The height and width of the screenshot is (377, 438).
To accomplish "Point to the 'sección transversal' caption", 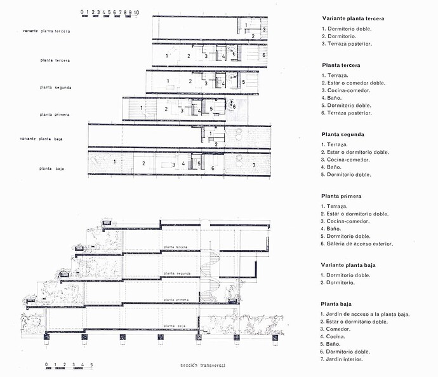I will (203, 366).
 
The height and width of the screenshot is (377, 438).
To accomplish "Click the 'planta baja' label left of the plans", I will (54, 168).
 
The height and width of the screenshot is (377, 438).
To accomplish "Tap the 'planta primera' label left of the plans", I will (54, 114).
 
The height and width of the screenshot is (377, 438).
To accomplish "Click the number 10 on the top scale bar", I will (136, 12).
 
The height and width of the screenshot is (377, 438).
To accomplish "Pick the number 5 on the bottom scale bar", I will (91, 364).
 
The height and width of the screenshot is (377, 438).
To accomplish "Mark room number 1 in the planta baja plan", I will (114, 162).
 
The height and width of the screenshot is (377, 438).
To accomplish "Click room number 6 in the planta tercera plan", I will (263, 56).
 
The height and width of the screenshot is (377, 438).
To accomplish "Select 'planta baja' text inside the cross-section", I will (176, 325).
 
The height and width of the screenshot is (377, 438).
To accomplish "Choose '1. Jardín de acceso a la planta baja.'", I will (365, 314).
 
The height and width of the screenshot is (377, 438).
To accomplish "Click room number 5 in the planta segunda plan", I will (242, 82).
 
